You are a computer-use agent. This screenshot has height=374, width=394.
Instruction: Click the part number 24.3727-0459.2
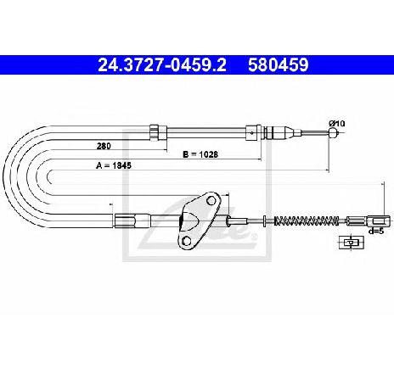(162, 65)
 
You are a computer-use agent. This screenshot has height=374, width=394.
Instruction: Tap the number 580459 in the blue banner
(279, 65)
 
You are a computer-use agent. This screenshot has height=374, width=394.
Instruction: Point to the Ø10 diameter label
(337, 124)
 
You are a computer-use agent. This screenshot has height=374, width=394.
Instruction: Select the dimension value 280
(104, 146)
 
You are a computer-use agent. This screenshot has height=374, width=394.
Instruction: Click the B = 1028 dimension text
(200, 154)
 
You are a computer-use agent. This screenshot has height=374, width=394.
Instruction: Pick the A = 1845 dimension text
(114, 165)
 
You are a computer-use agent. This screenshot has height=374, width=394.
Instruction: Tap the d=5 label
(376, 231)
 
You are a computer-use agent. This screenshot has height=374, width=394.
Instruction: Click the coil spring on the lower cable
(307, 220)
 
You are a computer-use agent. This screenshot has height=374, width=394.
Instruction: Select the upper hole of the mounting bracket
(211, 201)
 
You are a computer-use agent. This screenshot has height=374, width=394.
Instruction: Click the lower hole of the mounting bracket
(186, 241)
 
